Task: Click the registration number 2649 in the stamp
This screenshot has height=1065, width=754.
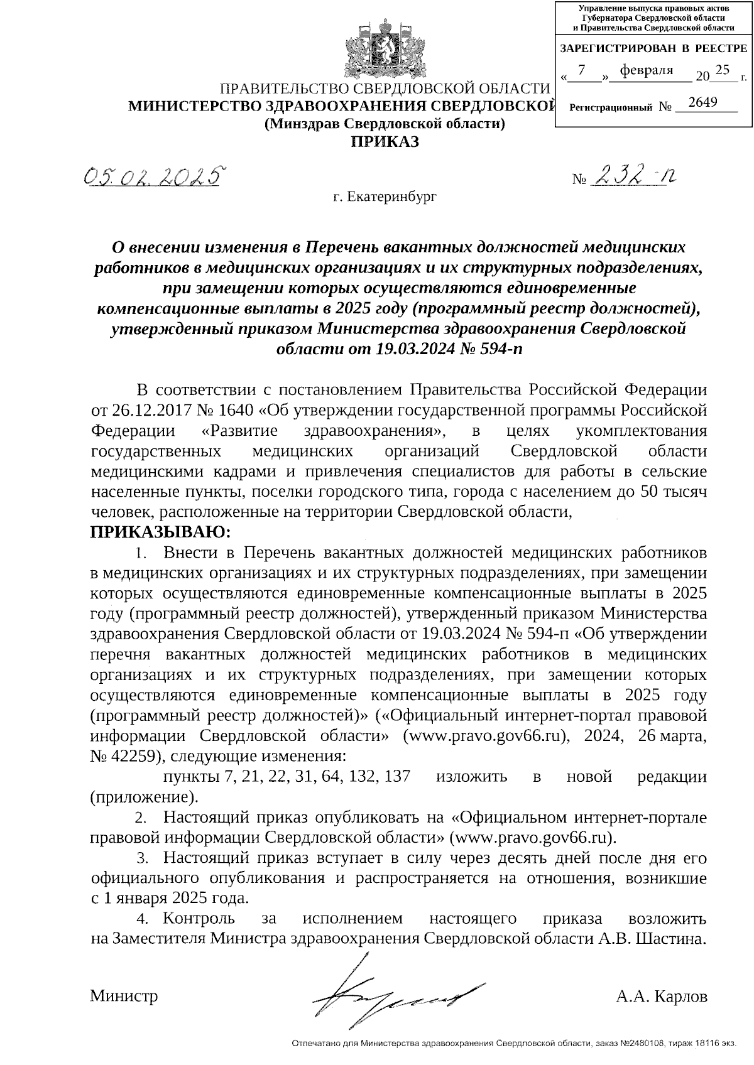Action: tap(702, 102)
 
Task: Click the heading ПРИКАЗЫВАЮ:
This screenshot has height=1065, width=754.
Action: tap(161, 532)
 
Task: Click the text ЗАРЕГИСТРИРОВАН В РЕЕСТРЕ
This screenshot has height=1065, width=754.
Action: tap(653, 48)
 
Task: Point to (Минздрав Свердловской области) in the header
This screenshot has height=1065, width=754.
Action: tap(385, 124)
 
